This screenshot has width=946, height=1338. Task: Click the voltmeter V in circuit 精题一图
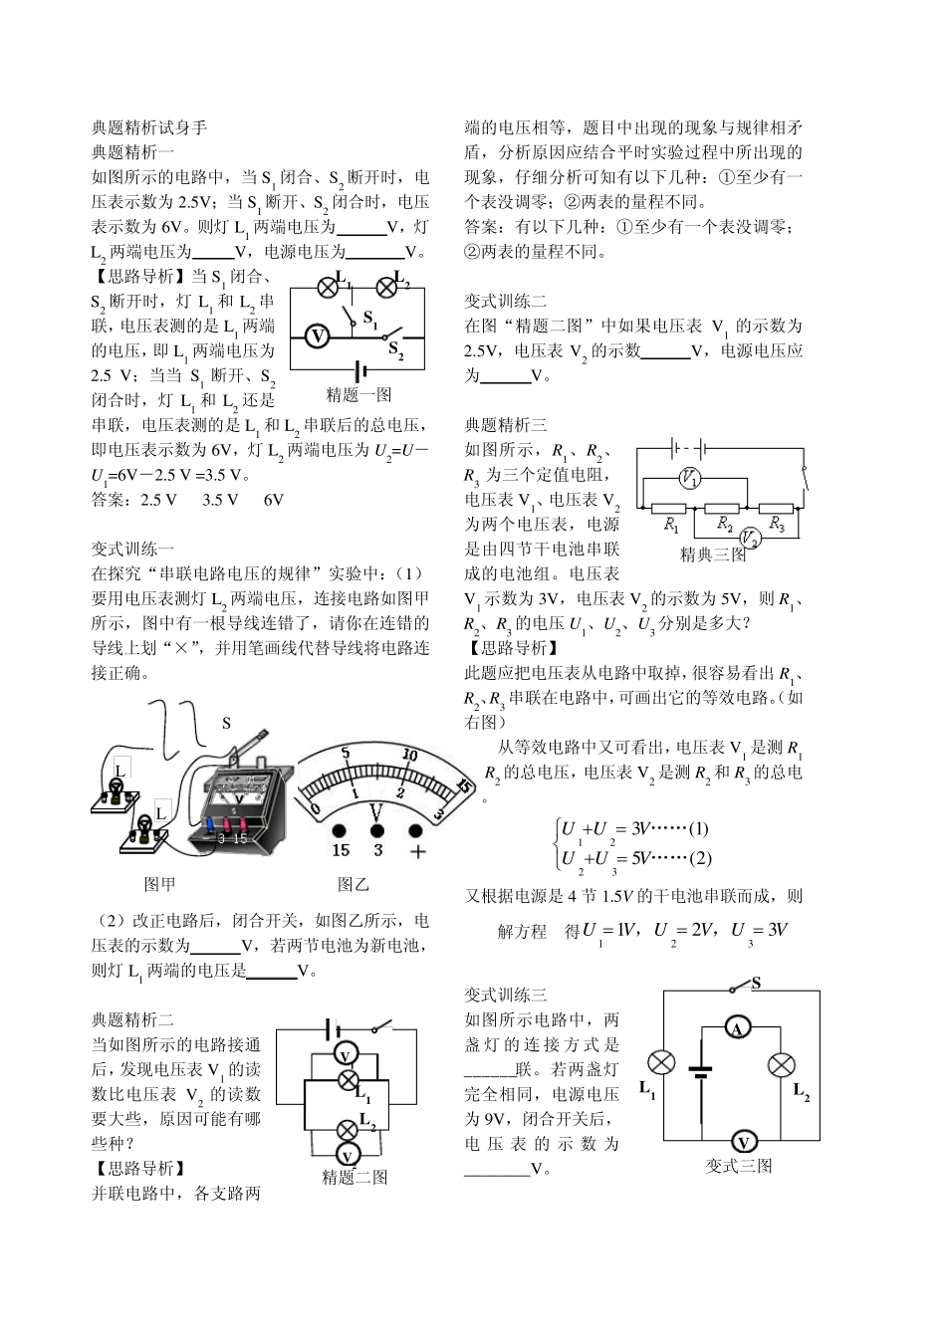pyautogui.click(x=317, y=336)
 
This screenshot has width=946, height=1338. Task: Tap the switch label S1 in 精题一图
pyautogui.click(x=370, y=320)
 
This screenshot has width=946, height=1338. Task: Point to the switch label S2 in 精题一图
pyautogui.click(x=395, y=349)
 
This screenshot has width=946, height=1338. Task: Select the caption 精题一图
pyautogui.click(x=358, y=394)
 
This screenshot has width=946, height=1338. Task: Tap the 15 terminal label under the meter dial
pyautogui.click(x=341, y=850)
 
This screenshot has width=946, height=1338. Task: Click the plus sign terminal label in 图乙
pyautogui.click(x=417, y=850)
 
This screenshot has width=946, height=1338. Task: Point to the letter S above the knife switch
pyautogui.click(x=226, y=723)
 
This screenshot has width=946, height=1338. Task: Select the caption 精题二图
pyautogui.click(x=355, y=1178)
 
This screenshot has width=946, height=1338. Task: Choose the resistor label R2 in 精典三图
pyautogui.click(x=725, y=525)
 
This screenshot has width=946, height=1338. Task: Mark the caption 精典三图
pyautogui.click(x=713, y=555)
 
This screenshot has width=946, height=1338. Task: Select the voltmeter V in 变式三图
pyautogui.click(x=742, y=1142)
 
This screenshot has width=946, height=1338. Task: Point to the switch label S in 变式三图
pyautogui.click(x=757, y=984)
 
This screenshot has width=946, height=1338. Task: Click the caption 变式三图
pyautogui.click(x=739, y=1167)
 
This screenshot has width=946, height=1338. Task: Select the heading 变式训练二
pyautogui.click(x=506, y=301)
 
